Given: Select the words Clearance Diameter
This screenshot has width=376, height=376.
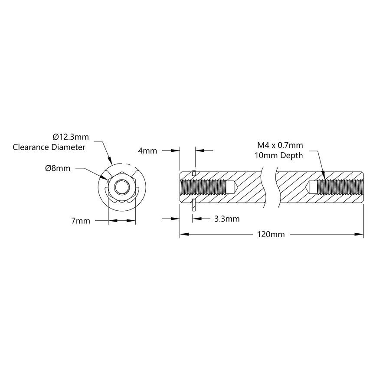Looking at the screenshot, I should tap(49, 147).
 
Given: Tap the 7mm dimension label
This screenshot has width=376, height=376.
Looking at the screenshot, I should tap(81, 221).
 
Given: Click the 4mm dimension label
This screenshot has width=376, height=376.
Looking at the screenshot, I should tap(147, 151).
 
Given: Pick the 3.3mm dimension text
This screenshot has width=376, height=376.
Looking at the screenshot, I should tap(227, 219).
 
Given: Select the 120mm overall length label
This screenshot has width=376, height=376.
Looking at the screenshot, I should tap(271, 235).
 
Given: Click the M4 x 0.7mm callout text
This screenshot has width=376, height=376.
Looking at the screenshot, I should tap(280, 145).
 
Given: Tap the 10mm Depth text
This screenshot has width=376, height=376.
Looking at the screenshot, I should tap(280, 155).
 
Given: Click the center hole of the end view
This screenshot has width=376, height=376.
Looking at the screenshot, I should tap(121, 188).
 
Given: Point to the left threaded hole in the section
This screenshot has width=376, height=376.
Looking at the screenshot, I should tap(203, 188).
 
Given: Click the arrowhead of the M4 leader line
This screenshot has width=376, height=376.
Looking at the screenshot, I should tap(323, 178).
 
